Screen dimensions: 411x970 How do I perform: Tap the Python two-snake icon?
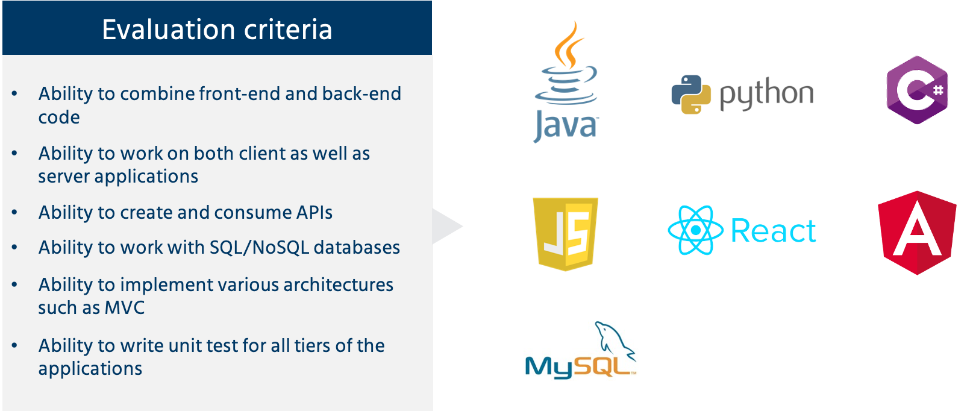point(687,95)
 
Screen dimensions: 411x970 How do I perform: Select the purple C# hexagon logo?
point(917,90)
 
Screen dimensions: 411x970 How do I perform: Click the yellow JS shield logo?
point(566,233)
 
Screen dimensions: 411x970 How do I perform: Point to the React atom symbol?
point(695,230)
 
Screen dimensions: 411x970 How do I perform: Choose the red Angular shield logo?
point(917,233)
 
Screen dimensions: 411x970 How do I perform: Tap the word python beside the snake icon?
point(766,95)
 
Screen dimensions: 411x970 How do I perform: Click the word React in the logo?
point(773,231)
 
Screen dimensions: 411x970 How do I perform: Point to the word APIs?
point(314,212)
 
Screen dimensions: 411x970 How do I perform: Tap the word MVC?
point(125,307)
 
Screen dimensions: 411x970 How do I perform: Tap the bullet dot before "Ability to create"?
point(14,212)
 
